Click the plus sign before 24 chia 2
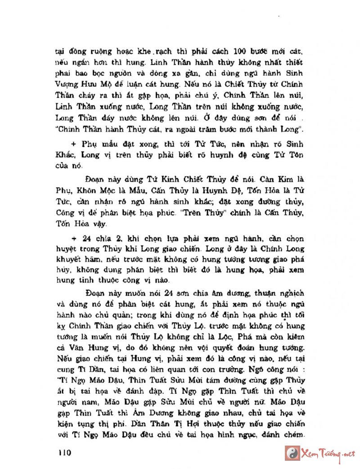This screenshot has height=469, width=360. coord(73,238)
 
